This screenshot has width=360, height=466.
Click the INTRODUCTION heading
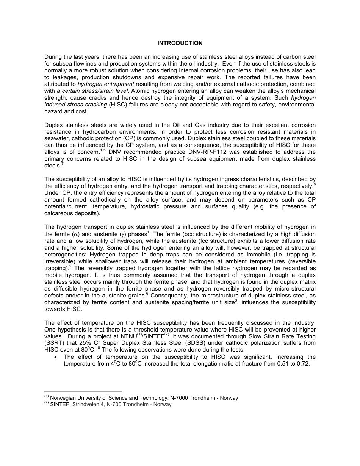tap(180, 43)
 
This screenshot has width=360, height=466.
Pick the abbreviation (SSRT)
tap(54, 343)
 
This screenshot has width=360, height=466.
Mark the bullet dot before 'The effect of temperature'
tap(56, 357)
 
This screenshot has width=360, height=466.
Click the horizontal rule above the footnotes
tap(83, 392)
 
